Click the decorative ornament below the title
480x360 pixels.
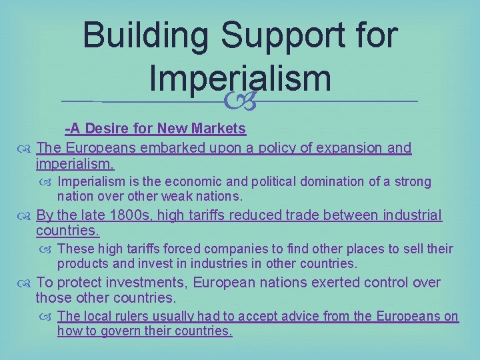[x=240, y=101]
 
